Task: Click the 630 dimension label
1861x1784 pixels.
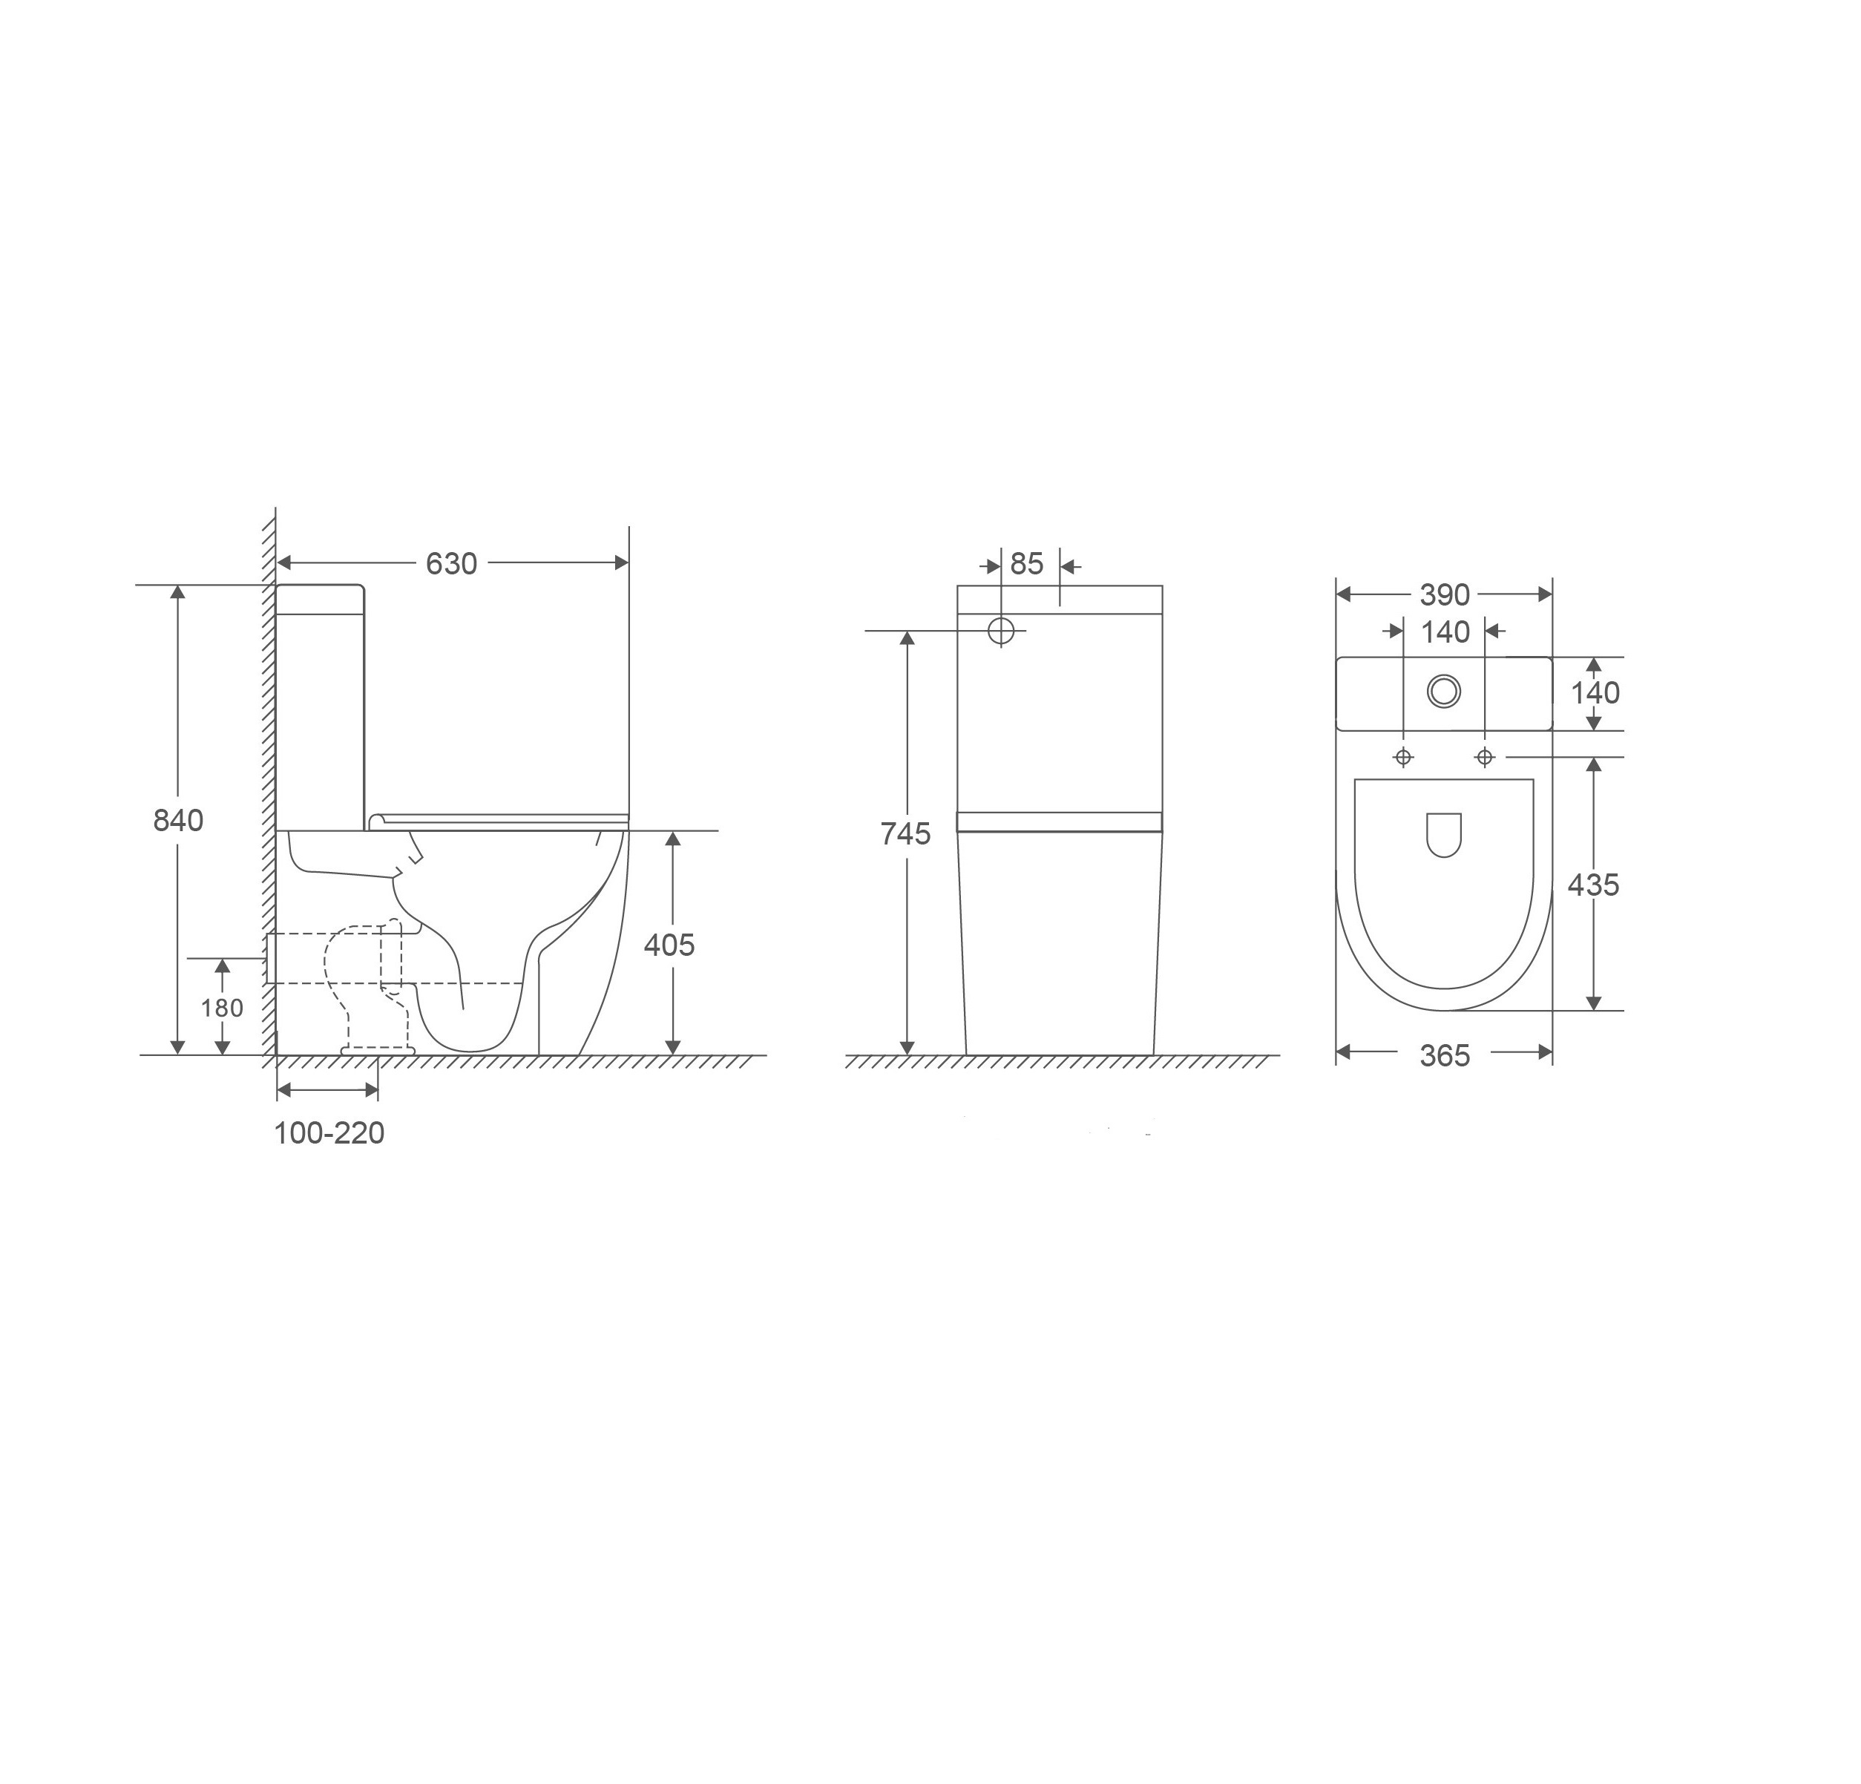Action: [451, 564]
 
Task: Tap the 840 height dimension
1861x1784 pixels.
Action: [179, 820]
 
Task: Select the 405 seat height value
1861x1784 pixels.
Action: [669, 945]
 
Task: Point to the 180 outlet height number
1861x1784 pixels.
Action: [222, 1009]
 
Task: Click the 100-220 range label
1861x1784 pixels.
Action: [329, 1132]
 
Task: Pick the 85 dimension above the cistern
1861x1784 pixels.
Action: [1026, 564]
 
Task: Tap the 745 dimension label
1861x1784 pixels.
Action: [906, 833]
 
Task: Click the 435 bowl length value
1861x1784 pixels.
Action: [1593, 885]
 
